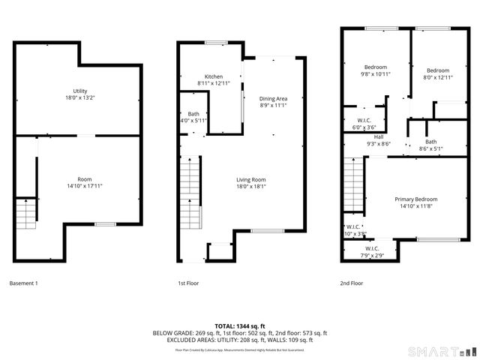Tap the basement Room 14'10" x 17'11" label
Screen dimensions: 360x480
[x=85, y=182]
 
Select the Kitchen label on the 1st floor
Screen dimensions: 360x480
[x=214, y=79]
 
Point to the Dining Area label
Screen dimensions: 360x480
[x=273, y=102]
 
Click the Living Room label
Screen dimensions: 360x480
[x=251, y=182]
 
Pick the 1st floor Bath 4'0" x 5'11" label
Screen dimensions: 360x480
[x=193, y=117]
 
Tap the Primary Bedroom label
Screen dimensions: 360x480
[x=416, y=202]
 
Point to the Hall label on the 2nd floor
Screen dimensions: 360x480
[x=378, y=140]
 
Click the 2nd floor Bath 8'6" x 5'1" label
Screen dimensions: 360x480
[x=430, y=145]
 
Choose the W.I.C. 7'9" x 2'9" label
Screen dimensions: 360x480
[x=373, y=252]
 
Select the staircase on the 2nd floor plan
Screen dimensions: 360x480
[x=353, y=187]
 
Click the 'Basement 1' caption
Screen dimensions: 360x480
[x=23, y=283]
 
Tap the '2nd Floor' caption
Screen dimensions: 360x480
[x=352, y=283]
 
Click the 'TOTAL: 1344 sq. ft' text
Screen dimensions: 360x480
[x=240, y=325]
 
